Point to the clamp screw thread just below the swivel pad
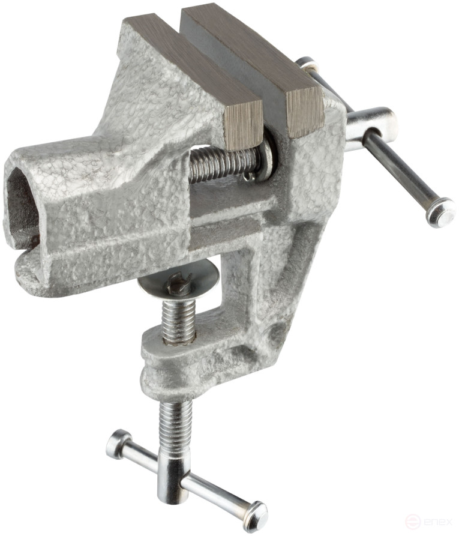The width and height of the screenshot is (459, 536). pos(178,318)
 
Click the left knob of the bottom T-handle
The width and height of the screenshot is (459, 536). pos(119,444)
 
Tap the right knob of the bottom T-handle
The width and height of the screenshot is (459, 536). pos(254,514)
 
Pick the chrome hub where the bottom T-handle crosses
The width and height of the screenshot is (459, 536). pos(174,474)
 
